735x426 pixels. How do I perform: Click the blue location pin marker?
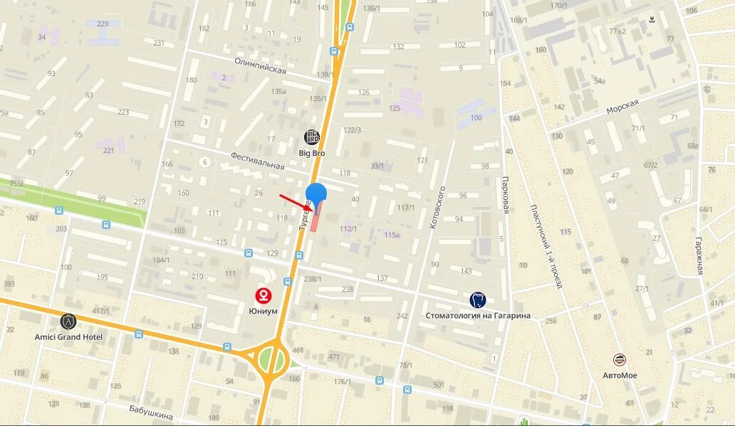[x=316, y=194]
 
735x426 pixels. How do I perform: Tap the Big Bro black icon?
[x=312, y=137]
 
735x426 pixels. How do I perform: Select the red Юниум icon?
[x=264, y=295]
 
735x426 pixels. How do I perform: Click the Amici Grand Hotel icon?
[x=68, y=321]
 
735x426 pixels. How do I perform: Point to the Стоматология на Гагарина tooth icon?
[x=478, y=300]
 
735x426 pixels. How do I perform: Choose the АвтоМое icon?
[x=620, y=361]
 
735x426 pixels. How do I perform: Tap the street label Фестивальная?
[x=257, y=160]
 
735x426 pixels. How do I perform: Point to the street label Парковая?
[x=506, y=194]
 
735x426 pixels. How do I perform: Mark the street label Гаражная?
[x=700, y=255]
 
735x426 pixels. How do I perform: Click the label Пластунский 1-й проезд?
[x=546, y=246]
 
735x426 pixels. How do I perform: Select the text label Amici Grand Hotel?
[x=68, y=337]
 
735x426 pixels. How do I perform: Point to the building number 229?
[x=103, y=24]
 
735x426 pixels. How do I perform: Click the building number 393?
[x=9, y=283]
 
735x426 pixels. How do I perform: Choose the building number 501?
[x=439, y=385]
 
